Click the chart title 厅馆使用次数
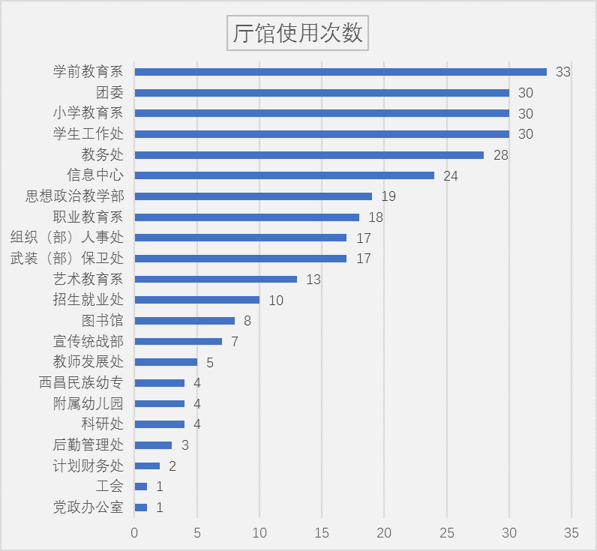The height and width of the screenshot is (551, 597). [x=298, y=34]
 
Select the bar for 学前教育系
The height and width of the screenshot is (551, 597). [x=340, y=72]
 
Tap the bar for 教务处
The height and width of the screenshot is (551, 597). [x=309, y=155]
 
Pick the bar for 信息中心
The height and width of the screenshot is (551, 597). [x=284, y=175]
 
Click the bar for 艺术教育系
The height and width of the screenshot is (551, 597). [x=215, y=279]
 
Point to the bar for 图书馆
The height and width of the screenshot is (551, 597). [x=184, y=321]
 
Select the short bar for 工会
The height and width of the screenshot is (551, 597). [x=141, y=487]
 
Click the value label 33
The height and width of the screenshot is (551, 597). [x=563, y=72]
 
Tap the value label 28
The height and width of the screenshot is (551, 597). [x=501, y=155]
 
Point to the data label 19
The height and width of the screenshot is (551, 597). [x=388, y=196]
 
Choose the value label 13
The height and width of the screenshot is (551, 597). [x=313, y=280]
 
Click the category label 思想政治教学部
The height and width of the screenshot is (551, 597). [x=74, y=196]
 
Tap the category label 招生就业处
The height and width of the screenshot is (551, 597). [x=88, y=300]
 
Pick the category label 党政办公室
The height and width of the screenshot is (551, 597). [x=88, y=508]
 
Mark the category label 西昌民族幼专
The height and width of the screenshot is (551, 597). [x=81, y=383]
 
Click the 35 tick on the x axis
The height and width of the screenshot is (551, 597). [x=571, y=533]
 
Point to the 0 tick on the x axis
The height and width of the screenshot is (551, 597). [x=135, y=533]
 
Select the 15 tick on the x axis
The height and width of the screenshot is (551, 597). [x=322, y=533]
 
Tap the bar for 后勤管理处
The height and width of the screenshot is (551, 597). [x=153, y=445]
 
